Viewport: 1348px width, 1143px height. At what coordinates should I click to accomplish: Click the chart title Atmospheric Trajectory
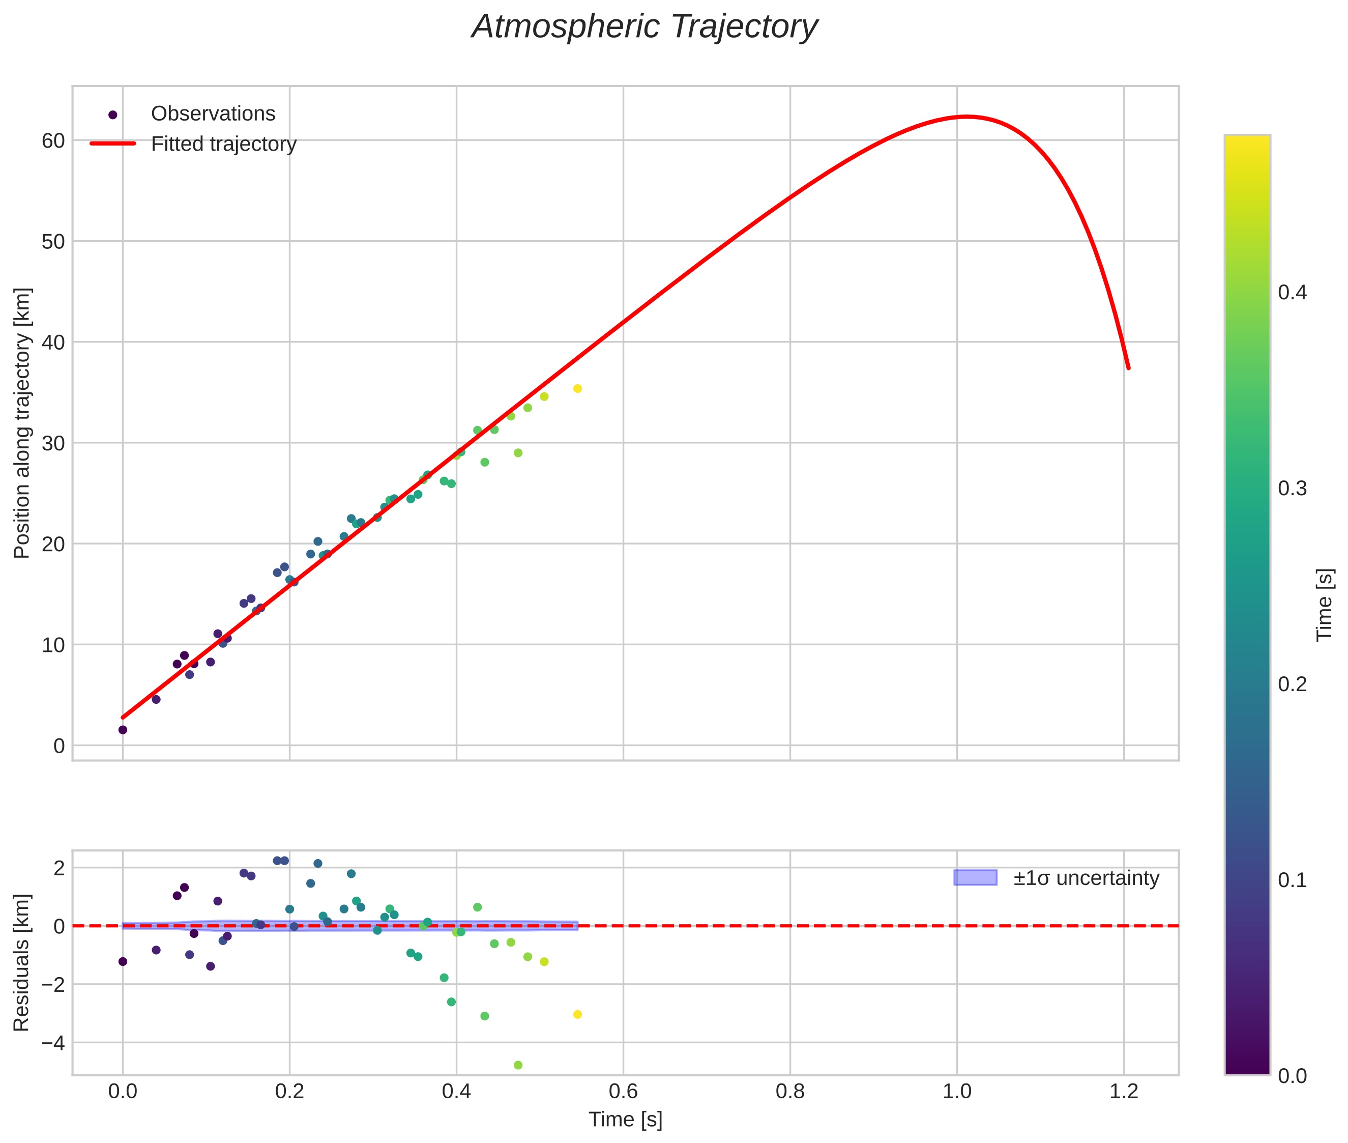tap(644, 27)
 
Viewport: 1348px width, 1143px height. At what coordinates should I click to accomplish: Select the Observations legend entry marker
tap(113, 115)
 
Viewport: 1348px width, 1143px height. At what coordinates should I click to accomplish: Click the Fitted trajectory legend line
tap(113, 143)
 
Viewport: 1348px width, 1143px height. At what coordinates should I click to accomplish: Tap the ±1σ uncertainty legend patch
tap(975, 878)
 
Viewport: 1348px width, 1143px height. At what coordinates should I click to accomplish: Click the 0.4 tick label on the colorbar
tap(1292, 292)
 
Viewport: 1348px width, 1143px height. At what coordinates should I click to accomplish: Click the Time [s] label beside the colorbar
tap(1325, 605)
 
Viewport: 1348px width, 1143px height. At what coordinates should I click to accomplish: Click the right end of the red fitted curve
tap(1128, 367)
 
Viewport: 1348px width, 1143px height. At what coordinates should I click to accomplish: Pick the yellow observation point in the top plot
tap(577, 389)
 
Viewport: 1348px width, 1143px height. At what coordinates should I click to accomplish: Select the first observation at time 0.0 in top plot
tap(123, 730)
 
